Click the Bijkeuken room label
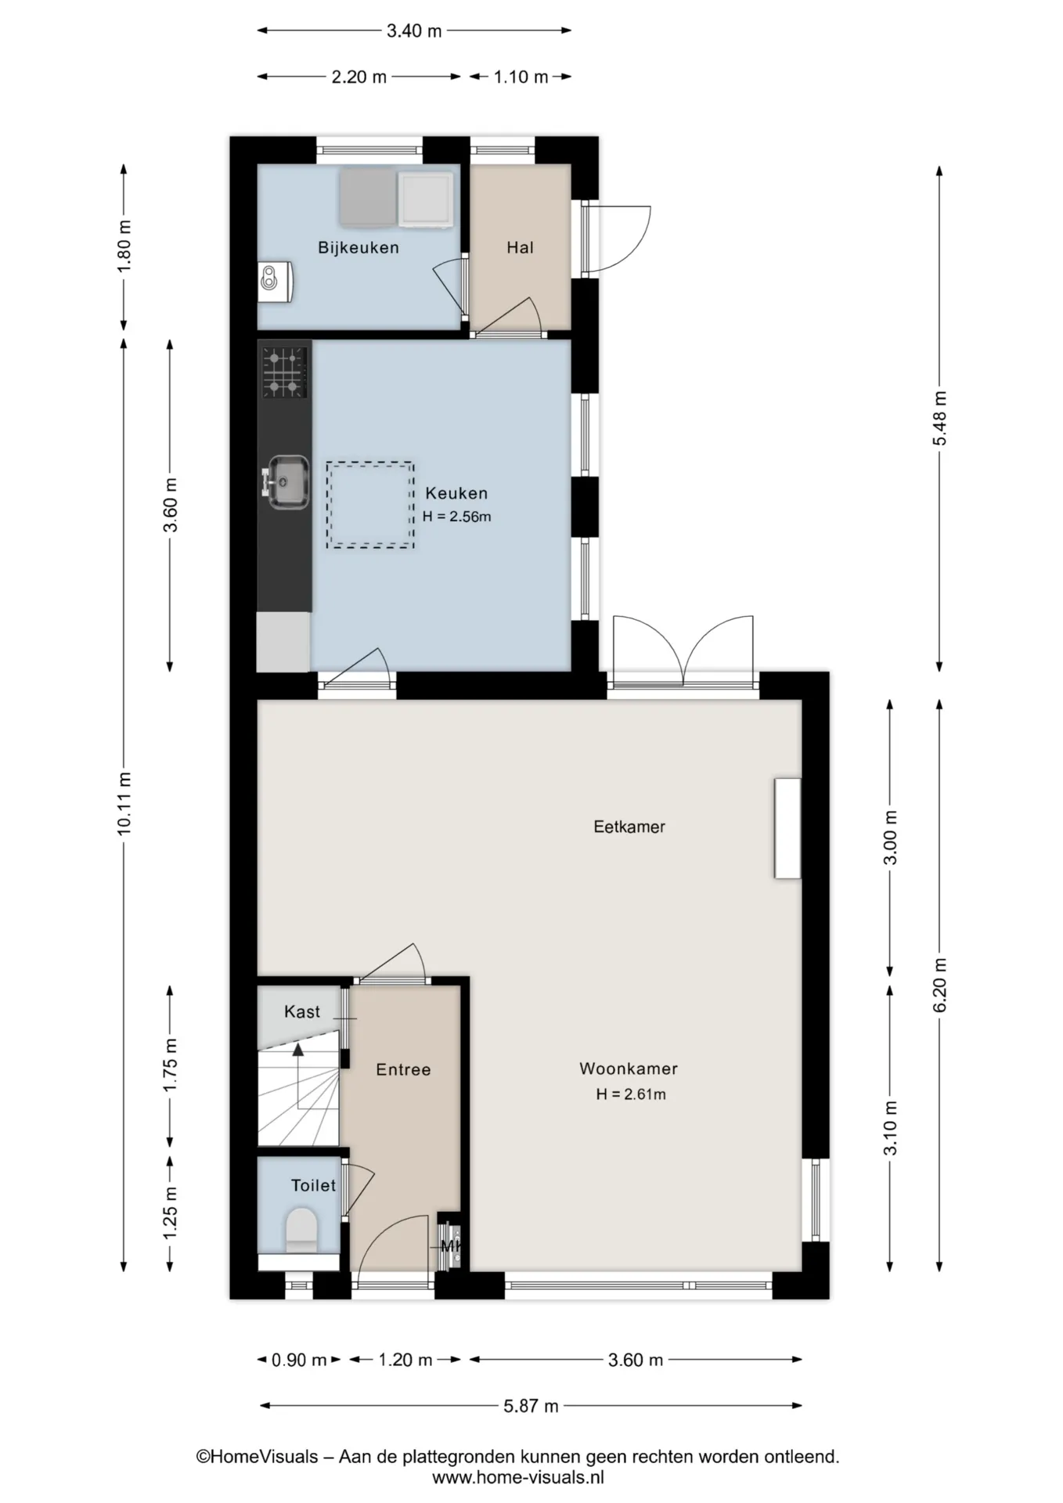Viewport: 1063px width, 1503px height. (359, 248)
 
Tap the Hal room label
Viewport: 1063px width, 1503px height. (520, 248)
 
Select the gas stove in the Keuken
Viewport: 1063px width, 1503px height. (284, 371)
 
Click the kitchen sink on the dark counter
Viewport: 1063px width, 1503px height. (283, 479)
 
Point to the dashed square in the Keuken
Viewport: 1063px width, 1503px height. (370, 505)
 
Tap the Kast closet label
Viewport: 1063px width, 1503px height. (302, 1012)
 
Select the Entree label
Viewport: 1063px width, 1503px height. (403, 1070)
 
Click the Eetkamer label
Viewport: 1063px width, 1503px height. (629, 827)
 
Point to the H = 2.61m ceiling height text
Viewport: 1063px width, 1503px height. (631, 1094)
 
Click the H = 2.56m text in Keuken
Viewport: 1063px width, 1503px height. (457, 517)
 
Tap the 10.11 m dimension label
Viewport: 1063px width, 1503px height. (124, 803)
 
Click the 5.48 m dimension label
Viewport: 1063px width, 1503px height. (939, 419)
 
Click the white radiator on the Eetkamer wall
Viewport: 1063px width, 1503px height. (787, 828)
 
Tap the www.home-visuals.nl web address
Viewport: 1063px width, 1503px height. (518, 1478)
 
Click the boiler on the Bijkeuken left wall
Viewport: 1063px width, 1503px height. (276, 282)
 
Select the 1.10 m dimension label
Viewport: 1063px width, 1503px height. (521, 77)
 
